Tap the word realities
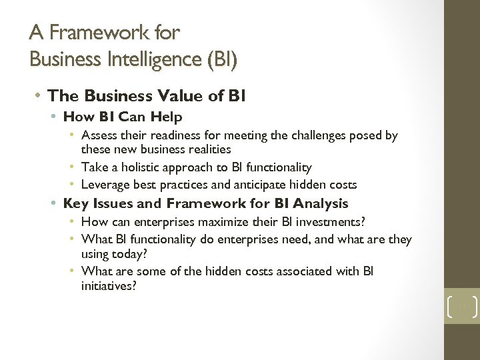point(208,149)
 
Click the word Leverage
point(104,185)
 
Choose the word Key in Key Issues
point(75,203)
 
